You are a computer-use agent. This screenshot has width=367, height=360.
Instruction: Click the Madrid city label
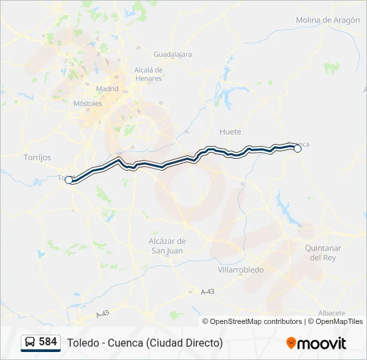click(107, 89)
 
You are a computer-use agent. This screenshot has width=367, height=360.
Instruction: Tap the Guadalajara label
click(172, 55)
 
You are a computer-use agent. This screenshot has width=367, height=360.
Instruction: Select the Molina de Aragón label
click(323, 20)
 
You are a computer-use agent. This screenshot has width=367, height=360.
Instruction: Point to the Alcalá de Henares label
click(148, 73)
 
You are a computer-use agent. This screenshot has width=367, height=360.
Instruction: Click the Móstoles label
click(87, 103)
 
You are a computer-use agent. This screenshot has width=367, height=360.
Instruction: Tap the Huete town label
click(230, 132)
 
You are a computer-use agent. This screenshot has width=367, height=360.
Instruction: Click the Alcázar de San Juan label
click(167, 245)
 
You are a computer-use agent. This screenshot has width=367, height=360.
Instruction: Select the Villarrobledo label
click(241, 270)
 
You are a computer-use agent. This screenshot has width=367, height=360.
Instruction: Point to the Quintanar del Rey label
click(323, 253)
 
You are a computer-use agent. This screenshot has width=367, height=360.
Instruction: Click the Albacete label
click(332, 313)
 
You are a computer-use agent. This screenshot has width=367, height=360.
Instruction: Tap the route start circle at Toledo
click(69, 180)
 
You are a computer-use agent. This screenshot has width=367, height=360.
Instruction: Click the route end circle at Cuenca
click(298, 149)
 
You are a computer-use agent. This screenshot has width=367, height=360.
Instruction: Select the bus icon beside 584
click(31, 342)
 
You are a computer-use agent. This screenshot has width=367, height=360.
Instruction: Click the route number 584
click(48, 342)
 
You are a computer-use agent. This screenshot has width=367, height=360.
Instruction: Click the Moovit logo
click(316, 343)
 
